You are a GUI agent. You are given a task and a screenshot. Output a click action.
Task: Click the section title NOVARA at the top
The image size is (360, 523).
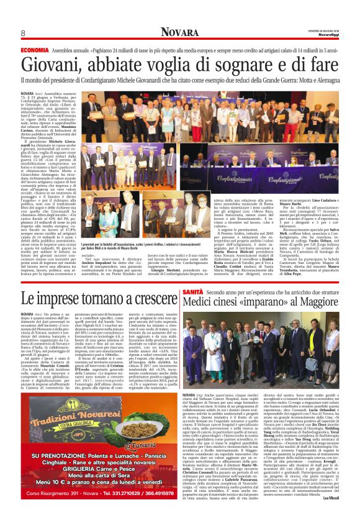(179, 32)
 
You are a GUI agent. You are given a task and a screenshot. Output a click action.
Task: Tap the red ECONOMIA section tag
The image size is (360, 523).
(34, 50)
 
